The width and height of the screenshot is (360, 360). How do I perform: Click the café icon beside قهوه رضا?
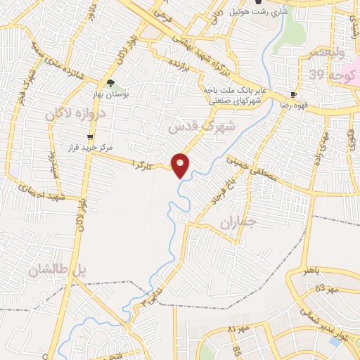point(293,94)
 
